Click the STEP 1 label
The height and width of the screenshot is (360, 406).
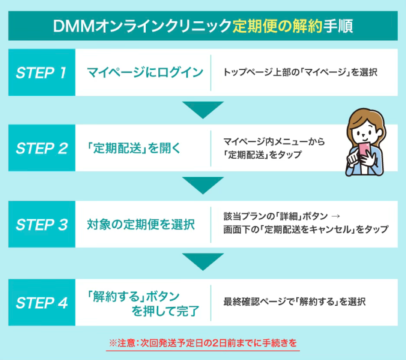point(41,72)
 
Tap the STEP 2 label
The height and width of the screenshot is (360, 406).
point(41,148)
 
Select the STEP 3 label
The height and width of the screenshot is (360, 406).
point(41,225)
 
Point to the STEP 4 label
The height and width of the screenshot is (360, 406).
point(41,302)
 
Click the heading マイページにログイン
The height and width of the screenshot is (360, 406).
point(145,72)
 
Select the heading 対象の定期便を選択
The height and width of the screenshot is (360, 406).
point(141,225)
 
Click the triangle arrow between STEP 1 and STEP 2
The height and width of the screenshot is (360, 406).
point(203,109)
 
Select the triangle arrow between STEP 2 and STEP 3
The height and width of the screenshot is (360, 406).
point(203,185)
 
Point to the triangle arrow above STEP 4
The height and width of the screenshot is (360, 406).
point(203,262)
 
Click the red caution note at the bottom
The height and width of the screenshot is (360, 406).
point(203,343)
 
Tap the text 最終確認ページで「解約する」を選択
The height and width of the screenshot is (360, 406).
point(295,302)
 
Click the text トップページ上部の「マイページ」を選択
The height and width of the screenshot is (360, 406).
point(300,72)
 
